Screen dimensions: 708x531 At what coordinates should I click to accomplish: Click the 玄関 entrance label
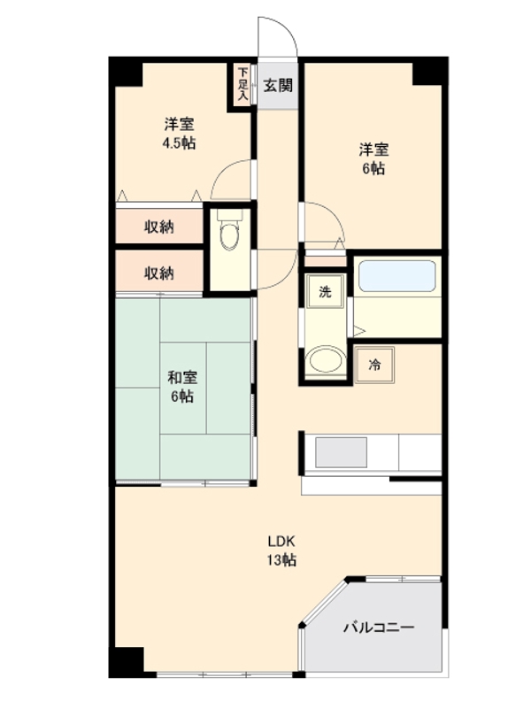tap(278, 86)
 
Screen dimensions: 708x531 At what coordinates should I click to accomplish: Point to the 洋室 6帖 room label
tap(373, 158)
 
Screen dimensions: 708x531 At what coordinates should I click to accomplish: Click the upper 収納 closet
tap(159, 227)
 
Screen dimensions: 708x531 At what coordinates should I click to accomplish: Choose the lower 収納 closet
tap(159, 273)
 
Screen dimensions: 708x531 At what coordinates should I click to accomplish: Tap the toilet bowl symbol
tap(229, 235)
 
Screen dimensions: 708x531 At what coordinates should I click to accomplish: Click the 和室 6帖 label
tap(182, 387)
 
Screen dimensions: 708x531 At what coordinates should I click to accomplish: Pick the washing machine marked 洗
tap(325, 292)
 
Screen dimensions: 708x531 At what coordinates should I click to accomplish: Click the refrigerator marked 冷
tap(374, 364)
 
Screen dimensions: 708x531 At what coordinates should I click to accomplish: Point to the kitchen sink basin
tap(341, 452)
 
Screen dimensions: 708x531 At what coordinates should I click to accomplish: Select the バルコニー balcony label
tap(378, 627)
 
